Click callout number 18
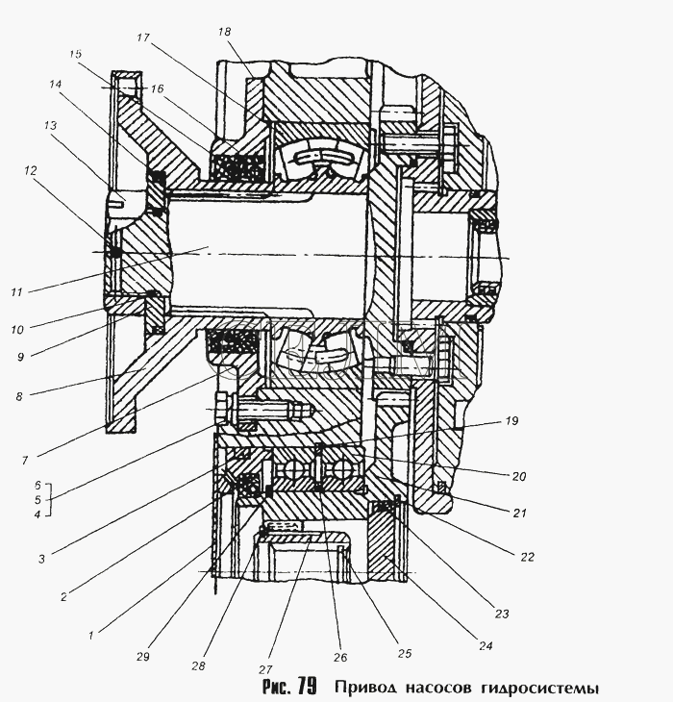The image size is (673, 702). (x=225, y=32)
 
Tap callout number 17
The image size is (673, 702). (x=143, y=38)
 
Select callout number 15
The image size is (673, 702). (x=76, y=54)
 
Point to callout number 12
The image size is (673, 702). (x=31, y=170)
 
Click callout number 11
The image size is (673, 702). (x=16, y=292)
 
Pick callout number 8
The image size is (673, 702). (x=19, y=396)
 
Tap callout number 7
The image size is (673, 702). (x=25, y=460)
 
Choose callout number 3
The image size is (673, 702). (x=41, y=559)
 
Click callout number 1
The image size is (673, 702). (x=90, y=635)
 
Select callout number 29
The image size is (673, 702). (x=143, y=657)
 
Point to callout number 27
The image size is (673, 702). (x=265, y=669)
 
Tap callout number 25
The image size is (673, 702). (x=405, y=653)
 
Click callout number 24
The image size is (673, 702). (x=486, y=645)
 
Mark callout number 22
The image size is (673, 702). (x=528, y=557)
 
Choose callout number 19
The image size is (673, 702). (x=511, y=421)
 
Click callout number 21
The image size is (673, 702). (x=519, y=513)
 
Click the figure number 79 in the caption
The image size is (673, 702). (x=306, y=686)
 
